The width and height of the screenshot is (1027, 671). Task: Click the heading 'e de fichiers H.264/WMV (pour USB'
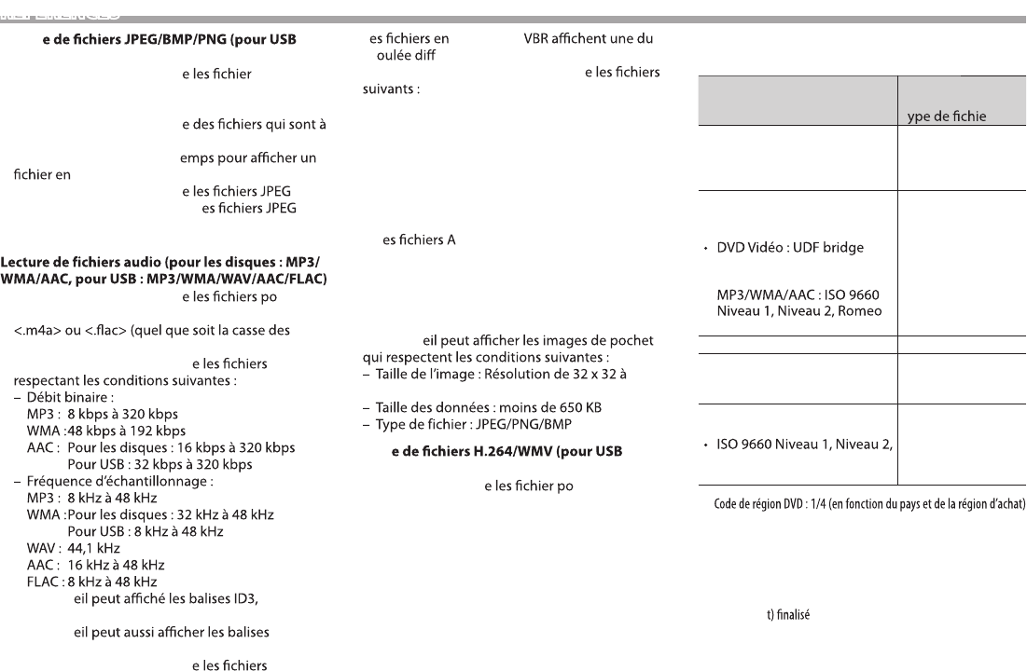point(503,453)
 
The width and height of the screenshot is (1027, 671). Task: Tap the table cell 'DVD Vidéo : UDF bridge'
point(790,249)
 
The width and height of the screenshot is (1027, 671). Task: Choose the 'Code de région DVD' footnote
point(864,505)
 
